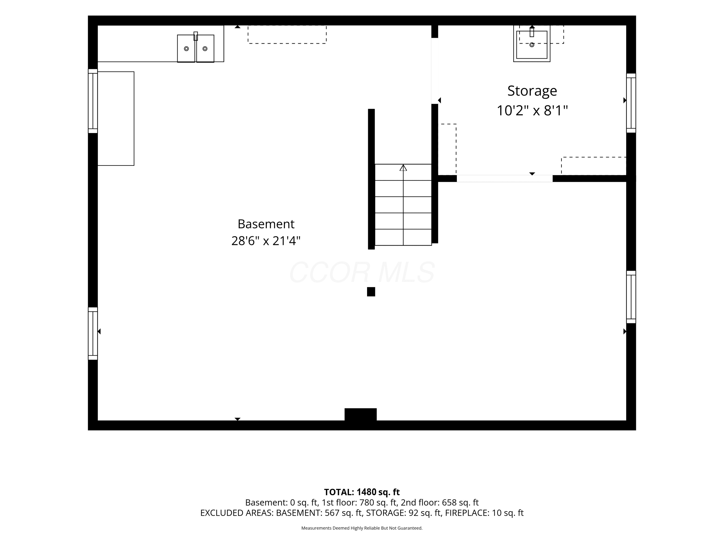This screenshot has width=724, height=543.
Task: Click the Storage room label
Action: pos(532,91)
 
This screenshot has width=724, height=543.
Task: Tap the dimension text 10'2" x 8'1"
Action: pos(532,111)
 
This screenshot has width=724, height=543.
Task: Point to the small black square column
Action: pos(371,292)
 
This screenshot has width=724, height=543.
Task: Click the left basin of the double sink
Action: pos(186,49)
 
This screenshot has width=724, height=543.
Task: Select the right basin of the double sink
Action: pos(205,49)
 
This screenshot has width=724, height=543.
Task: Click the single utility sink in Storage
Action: pos(532,44)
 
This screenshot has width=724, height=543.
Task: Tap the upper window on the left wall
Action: pos(93,101)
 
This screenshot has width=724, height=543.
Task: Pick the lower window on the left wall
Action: pos(93,334)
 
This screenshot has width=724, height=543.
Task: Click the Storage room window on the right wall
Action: pos(631,103)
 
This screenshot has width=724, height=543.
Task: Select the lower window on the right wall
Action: pos(631,297)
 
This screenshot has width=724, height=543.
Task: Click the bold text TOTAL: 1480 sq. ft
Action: pos(362,492)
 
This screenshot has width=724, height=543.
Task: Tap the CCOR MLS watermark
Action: pos(362,272)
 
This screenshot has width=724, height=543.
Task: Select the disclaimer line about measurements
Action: pos(362,528)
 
